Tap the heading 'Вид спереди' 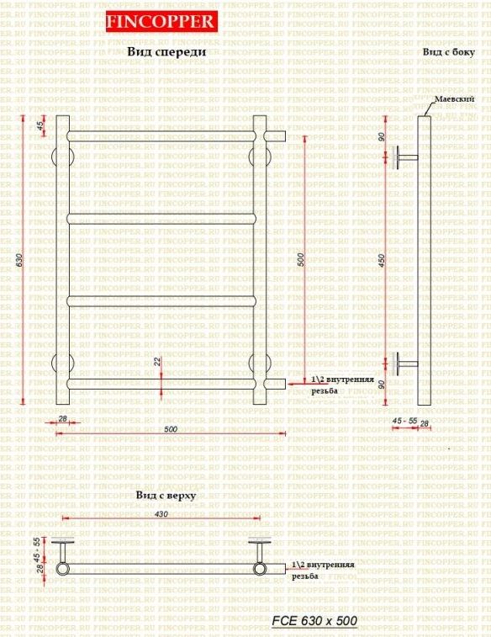point(166,52)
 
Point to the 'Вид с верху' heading point(166,496)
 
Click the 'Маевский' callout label point(450,99)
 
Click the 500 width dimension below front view point(171,429)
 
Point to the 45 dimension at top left point(40,125)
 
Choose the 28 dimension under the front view point(62,418)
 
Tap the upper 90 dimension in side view point(382,137)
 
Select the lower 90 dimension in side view point(382,385)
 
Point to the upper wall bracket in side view point(404,157)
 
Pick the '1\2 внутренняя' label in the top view point(323,565)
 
